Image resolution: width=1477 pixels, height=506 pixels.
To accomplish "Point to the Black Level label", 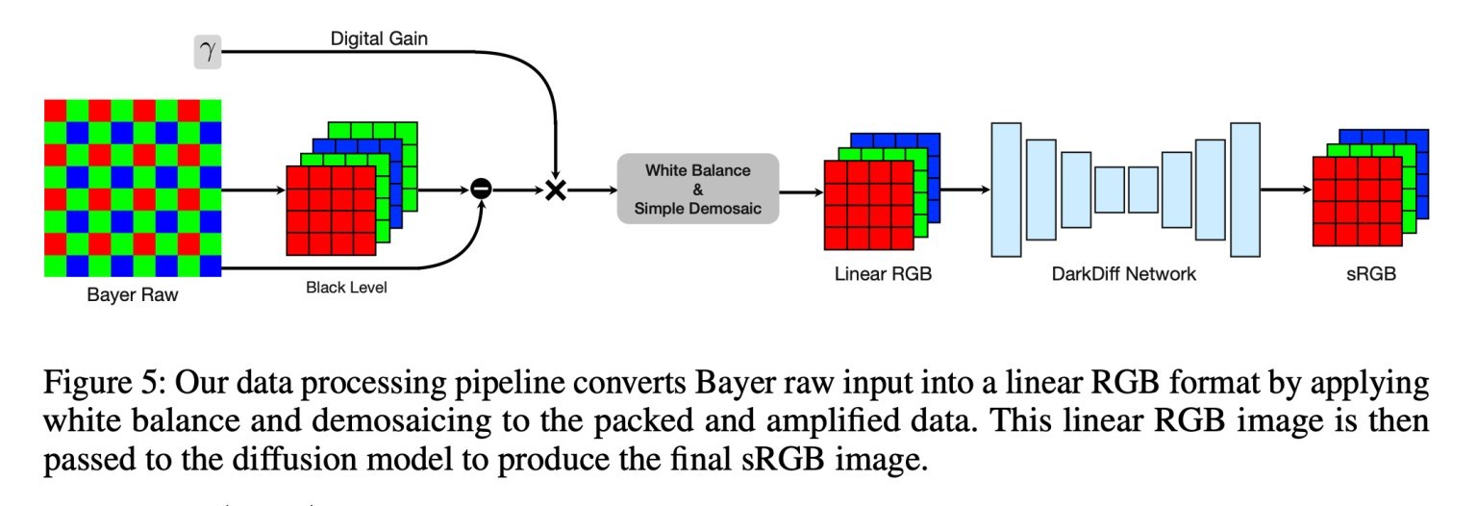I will point(347,286).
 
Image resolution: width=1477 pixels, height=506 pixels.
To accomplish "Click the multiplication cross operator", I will point(555,190).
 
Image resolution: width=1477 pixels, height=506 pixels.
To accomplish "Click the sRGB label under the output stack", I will point(1369,275).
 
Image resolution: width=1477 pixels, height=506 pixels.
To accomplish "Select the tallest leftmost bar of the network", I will point(1006,190).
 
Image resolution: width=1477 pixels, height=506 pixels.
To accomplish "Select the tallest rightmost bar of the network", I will point(1244,190).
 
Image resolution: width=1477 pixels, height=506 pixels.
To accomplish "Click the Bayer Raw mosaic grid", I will point(134,188).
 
